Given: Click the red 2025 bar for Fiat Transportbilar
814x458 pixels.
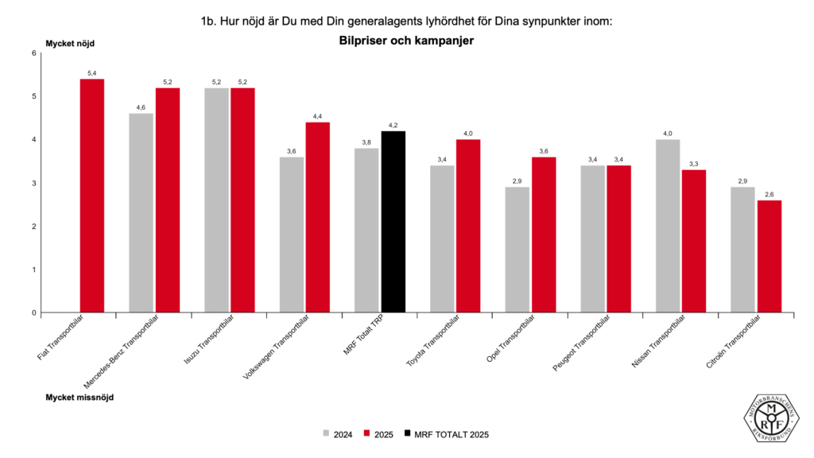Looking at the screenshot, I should [x=92, y=196].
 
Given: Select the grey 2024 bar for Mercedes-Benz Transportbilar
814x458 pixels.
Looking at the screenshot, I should [x=141, y=213].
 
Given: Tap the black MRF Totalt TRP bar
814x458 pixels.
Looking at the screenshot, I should [x=393, y=222].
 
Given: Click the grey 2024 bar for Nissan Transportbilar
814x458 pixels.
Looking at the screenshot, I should [x=668, y=226].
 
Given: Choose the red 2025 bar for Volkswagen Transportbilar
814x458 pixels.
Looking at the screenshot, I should [x=318, y=217].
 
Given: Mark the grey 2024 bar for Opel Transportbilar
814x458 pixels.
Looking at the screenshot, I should [x=517, y=250].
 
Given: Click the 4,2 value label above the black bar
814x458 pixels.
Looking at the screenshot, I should [x=393, y=126].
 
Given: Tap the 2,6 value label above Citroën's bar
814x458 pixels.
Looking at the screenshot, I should [x=769, y=195].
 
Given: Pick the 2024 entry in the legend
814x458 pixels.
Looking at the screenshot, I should [x=338, y=434].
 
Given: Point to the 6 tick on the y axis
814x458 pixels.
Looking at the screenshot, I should [x=33, y=53].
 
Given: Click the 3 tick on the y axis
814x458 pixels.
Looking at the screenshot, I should [x=33, y=183].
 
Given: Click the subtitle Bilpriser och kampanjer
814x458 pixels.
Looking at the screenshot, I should [x=406, y=41].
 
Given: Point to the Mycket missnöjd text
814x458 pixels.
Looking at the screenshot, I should [x=79, y=397].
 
